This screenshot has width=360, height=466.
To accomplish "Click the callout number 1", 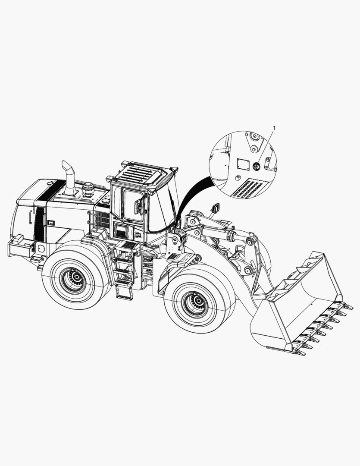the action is [274, 128].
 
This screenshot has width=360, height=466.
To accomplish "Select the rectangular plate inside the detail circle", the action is [243, 164].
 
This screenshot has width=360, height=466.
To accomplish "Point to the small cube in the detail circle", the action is [237, 178].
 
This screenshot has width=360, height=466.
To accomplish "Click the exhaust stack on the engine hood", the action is [69, 178].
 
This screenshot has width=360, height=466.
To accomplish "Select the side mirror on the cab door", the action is [139, 206].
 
